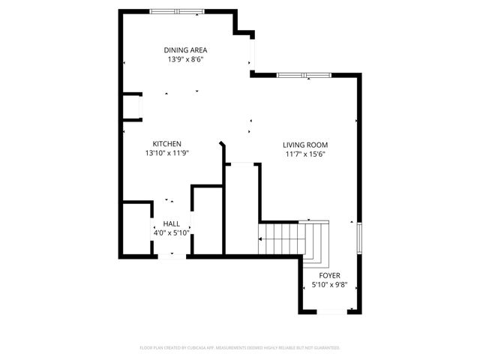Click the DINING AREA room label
[186, 50]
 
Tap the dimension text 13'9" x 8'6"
[186, 59]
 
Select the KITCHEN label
[166, 144]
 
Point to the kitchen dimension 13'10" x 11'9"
[166, 153]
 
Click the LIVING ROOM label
[305, 145]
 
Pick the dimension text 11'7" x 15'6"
[305, 154]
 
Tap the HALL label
[171, 223]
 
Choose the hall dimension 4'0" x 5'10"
[171, 232]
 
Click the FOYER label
[329, 275]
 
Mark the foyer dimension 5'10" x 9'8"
[329, 285]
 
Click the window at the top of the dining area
[176, 11]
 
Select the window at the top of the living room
[304, 75]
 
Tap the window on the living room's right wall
[359, 238]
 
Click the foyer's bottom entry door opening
[331, 311]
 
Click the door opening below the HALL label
[172, 256]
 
